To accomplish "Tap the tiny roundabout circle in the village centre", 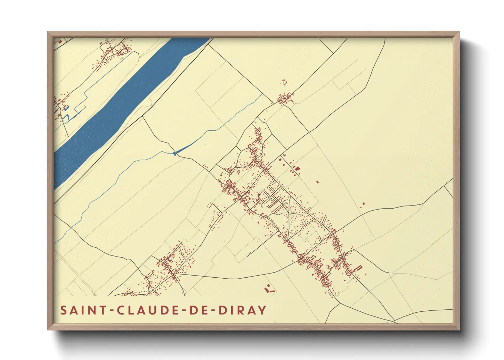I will tap(269, 197).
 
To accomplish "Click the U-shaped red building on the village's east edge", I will tap(358, 268).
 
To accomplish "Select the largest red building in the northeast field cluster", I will tap(297, 168).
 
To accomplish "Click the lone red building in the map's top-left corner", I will tap(60, 42).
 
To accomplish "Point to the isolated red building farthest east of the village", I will tap(363, 203).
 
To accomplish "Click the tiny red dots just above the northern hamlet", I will tap(283, 82).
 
